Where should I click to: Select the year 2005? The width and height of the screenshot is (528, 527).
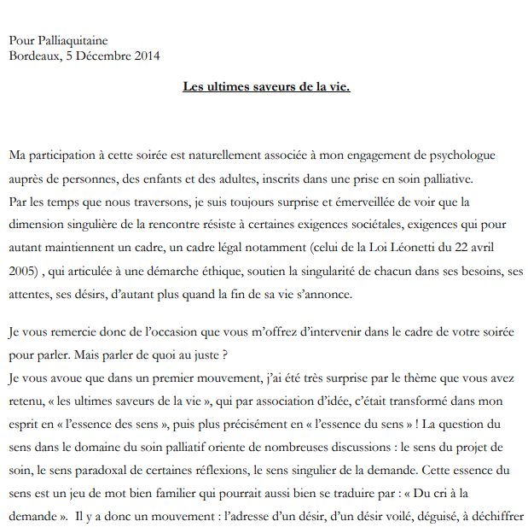tap(25, 272)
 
